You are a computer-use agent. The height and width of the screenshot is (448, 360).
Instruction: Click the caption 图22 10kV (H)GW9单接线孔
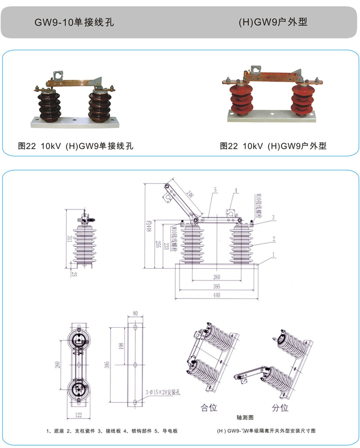75,146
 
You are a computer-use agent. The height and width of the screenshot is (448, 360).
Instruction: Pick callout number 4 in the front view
235,190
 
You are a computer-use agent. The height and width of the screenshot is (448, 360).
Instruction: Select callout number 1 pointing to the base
275,254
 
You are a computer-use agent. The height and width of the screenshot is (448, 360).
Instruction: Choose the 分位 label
280,408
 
